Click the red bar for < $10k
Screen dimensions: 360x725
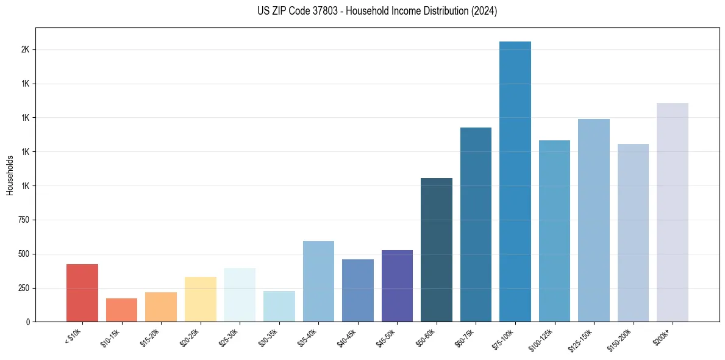click(82, 293)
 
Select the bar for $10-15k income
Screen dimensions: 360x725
click(121, 310)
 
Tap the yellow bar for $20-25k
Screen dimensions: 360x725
click(200, 300)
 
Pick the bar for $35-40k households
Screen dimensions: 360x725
click(318, 281)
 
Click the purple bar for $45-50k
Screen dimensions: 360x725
click(397, 286)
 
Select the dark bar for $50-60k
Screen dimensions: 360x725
click(437, 250)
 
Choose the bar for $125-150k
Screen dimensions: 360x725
click(594, 220)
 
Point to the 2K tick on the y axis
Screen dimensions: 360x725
click(25, 49)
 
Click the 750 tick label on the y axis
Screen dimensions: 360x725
click(24, 220)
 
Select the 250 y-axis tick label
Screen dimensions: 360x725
click(24, 288)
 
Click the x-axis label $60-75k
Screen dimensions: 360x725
click(464, 337)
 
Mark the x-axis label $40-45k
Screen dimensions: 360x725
click(346, 337)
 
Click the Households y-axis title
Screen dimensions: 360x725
click(10, 175)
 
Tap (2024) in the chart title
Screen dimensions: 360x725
click(484, 11)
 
